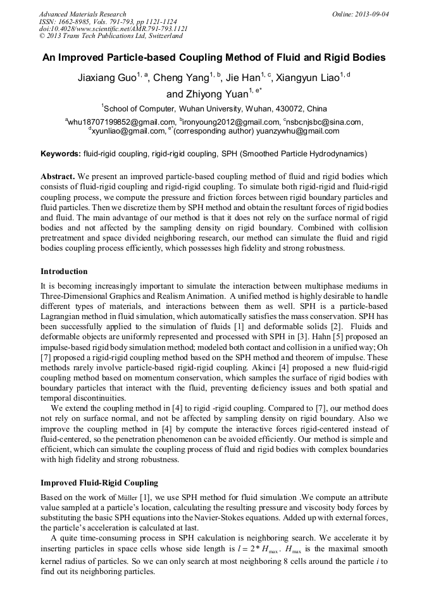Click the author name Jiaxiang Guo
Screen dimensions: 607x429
click(x=103, y=78)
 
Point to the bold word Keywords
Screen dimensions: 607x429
click(x=61, y=154)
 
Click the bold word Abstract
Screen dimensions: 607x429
click(x=58, y=176)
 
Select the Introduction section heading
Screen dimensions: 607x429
click(x=68, y=272)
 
